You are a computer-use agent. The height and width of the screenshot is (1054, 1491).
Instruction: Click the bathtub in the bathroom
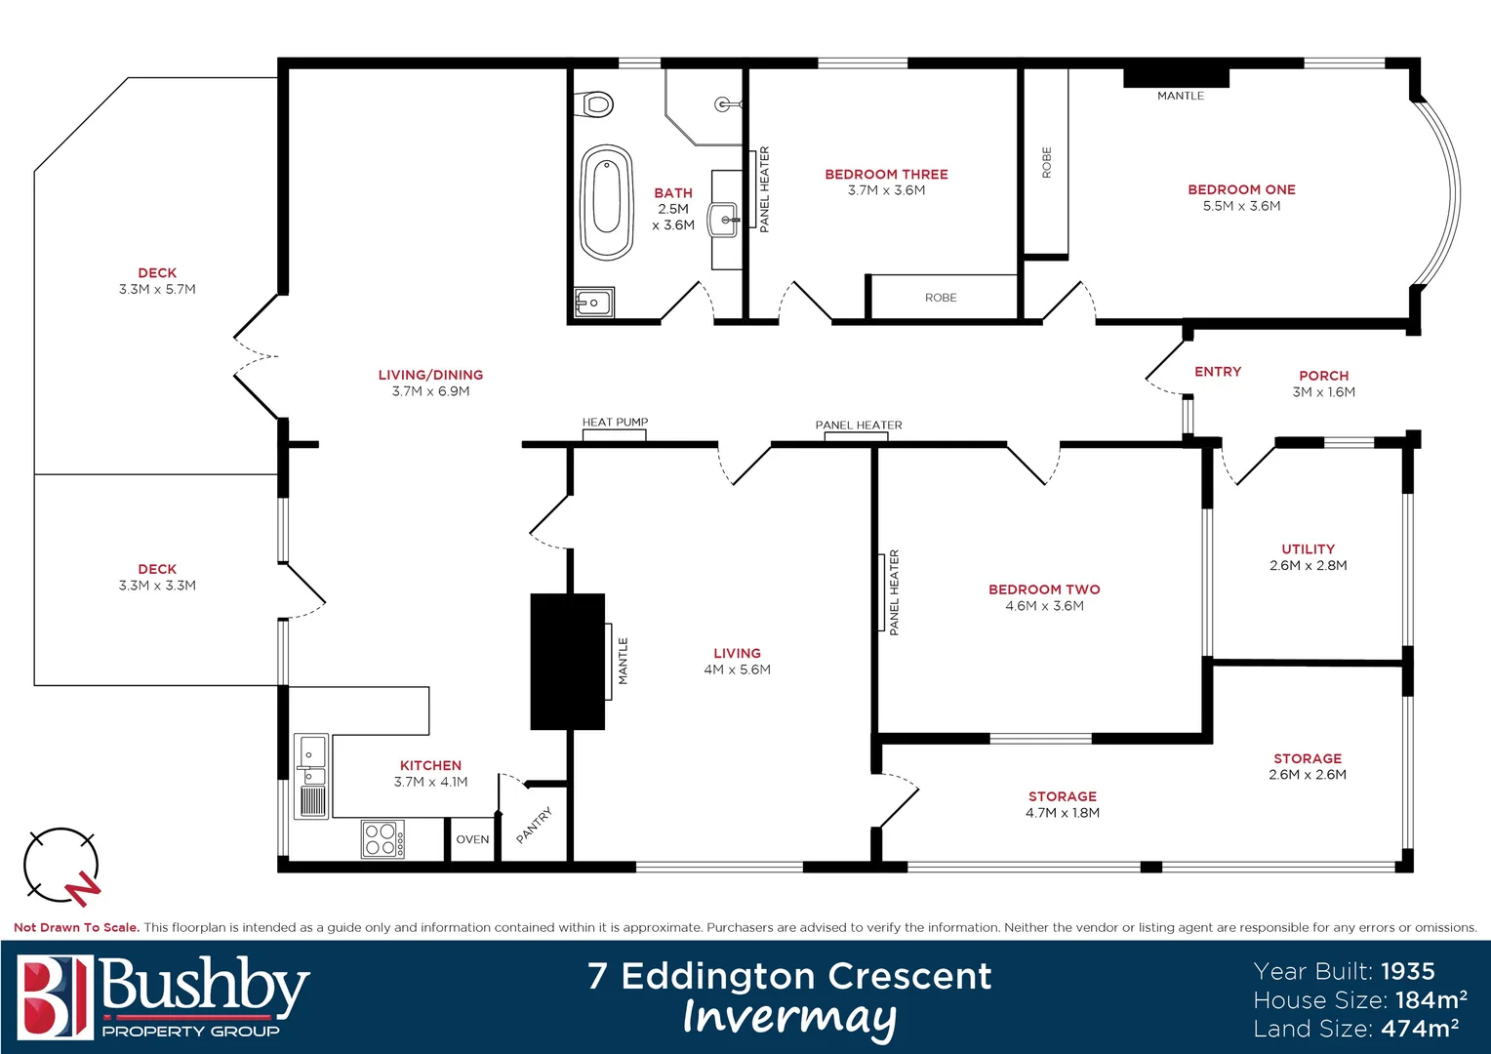606,202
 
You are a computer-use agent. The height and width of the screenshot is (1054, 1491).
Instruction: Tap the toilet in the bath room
595,103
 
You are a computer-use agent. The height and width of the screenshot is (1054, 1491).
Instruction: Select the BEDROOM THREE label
886,175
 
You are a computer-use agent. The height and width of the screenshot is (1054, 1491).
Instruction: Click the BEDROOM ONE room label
1241,189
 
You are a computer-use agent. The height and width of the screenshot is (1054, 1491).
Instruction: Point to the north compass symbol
61,866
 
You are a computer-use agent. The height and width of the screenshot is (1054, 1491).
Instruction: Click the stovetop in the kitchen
383,839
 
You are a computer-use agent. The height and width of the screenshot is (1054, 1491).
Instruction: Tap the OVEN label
472,839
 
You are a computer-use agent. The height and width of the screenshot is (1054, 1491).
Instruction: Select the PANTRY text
534,825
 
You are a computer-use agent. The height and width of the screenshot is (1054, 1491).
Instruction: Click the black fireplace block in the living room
567,662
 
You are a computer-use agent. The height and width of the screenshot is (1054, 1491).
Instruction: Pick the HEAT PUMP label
615,423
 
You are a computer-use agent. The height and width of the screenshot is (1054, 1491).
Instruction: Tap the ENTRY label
1218,372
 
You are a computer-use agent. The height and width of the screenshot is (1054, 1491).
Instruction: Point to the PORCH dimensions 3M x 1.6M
1323,392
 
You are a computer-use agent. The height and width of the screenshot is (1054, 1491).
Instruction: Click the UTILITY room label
1308,549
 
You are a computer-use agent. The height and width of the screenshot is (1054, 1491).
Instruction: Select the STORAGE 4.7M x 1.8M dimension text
1062,813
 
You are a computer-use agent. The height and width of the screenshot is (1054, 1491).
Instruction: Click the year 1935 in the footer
1408,972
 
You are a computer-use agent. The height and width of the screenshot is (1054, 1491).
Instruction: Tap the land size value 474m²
1420,1029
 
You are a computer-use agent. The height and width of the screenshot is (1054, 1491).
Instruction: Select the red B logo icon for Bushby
55,996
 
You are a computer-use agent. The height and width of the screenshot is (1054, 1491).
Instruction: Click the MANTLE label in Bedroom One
1180,96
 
